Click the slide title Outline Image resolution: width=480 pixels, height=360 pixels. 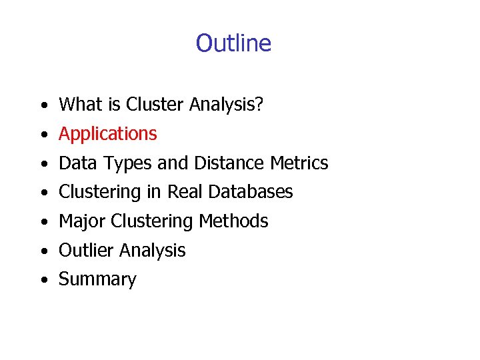[233, 43]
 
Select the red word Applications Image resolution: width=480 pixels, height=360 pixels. [108, 134]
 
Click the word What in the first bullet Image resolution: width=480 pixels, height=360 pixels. [76, 104]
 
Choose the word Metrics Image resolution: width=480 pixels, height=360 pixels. [299, 163]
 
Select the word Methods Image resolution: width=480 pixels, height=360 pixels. [237, 221]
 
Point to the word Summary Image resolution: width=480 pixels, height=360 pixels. [97, 280]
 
